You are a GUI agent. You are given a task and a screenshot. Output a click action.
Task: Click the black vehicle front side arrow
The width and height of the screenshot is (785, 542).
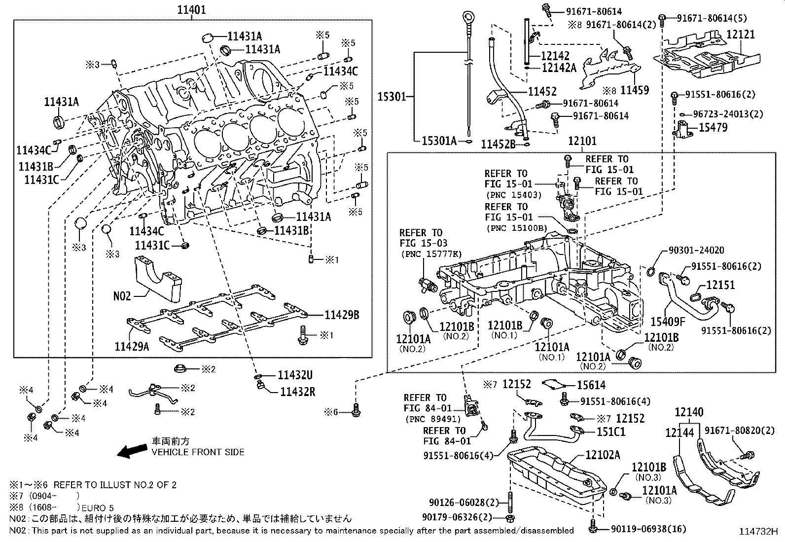pyautogui.click(x=132, y=450)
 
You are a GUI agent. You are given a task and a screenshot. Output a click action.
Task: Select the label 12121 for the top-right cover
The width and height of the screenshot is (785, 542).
pyautogui.click(x=741, y=35)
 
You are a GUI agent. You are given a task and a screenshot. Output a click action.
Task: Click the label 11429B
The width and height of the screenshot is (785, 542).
pyautogui.click(x=341, y=315)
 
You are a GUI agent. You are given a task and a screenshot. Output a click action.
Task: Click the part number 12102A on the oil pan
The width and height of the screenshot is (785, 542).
pyautogui.click(x=603, y=455)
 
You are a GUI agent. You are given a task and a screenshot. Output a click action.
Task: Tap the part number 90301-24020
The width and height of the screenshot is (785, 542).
pyautogui.click(x=697, y=250)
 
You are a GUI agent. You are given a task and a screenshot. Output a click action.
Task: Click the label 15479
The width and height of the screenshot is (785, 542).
pyautogui.click(x=713, y=127)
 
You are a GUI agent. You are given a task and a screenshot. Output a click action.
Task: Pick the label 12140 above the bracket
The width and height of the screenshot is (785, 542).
pyautogui.click(x=689, y=412)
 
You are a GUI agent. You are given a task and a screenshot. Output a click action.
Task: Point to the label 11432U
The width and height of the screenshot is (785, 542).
pyautogui.click(x=295, y=375)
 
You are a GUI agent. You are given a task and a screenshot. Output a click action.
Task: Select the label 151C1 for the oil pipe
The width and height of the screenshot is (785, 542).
pyautogui.click(x=611, y=432)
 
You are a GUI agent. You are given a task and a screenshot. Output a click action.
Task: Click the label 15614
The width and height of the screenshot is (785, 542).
pyautogui.click(x=591, y=385)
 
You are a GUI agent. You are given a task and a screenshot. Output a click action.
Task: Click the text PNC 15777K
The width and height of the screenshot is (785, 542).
pyautogui.click(x=431, y=254)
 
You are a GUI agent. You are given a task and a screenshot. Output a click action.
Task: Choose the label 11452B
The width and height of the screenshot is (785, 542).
pyautogui.click(x=498, y=144)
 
